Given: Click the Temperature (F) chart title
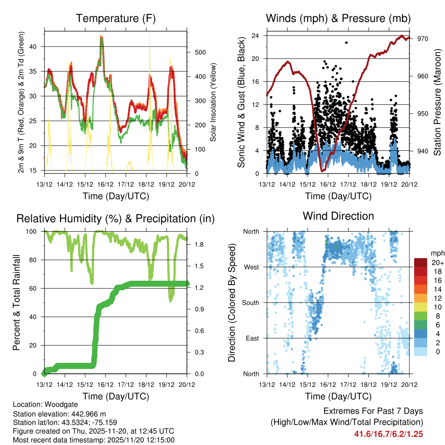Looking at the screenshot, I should (x=116, y=18).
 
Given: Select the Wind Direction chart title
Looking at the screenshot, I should (x=338, y=216).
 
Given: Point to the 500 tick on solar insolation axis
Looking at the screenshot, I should (x=199, y=52).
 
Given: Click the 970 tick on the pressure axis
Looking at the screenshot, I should (x=423, y=39).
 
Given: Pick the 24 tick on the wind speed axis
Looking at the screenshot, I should (x=256, y=35).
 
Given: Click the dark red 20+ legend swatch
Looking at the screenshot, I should (x=421, y=262).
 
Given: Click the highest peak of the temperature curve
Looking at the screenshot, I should (x=101, y=37).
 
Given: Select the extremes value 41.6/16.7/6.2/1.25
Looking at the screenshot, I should (x=389, y=434).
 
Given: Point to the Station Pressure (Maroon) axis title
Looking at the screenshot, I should (x=437, y=102).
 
